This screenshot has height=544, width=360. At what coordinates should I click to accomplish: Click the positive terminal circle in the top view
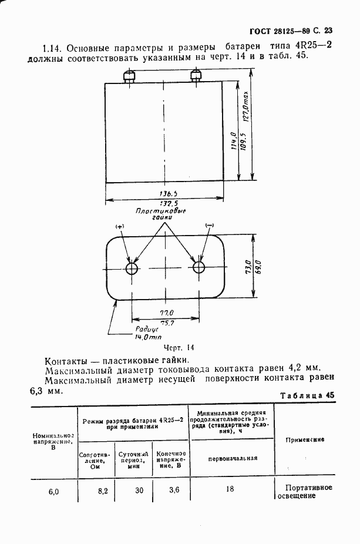(132, 268)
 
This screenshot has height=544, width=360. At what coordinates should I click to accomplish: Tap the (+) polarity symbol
(120, 227)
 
